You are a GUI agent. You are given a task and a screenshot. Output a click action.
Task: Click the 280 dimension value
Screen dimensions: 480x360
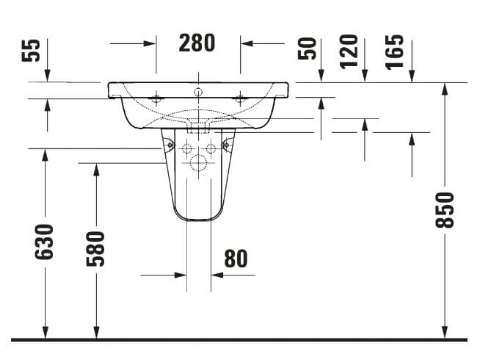tap(197, 43)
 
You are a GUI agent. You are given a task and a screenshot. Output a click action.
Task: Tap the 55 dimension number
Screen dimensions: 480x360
tap(31, 50)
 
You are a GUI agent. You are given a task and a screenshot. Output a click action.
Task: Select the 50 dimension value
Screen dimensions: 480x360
tap(307, 48)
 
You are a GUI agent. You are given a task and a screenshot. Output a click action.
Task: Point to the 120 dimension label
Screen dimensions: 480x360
tap(349, 51)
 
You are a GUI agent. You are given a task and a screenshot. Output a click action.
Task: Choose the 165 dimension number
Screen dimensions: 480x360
tap(395, 52)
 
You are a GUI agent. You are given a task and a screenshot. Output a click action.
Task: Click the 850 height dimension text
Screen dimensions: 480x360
tap(445, 210)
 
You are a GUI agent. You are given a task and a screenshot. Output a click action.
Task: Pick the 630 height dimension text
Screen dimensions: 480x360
tap(44, 242)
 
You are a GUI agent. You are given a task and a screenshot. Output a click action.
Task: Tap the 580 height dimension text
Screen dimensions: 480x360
tap(95, 249)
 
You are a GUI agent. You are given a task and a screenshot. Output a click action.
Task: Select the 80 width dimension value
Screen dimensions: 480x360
tap(236, 259)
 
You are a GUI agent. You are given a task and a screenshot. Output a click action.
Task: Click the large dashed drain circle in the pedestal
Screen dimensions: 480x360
tap(198, 162)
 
